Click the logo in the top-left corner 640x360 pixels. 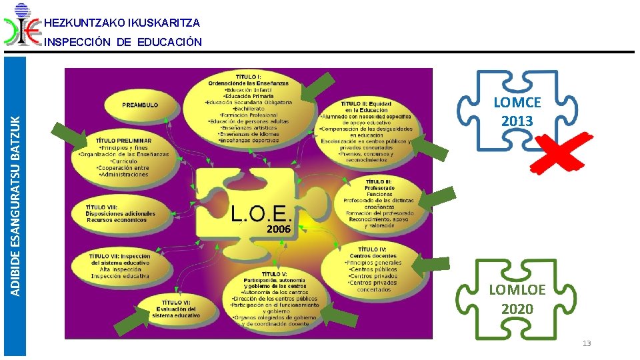(22, 25)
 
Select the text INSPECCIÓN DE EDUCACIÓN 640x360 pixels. (122, 42)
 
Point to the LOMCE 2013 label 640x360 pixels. (517, 111)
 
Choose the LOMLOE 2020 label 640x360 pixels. (517, 299)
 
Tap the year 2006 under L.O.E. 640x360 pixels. (279, 229)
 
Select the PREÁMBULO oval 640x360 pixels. (140, 105)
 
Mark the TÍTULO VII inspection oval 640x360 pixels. (121, 265)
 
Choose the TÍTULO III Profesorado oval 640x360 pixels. (379, 203)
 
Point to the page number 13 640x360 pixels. (587, 343)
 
